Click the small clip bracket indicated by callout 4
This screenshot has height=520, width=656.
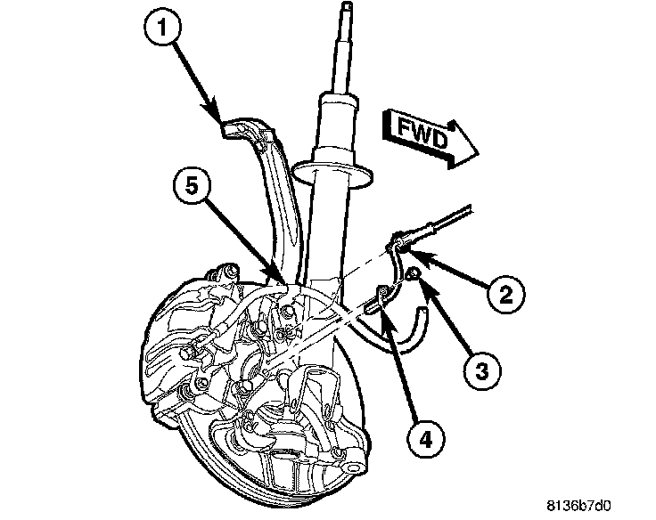point(381,294)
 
